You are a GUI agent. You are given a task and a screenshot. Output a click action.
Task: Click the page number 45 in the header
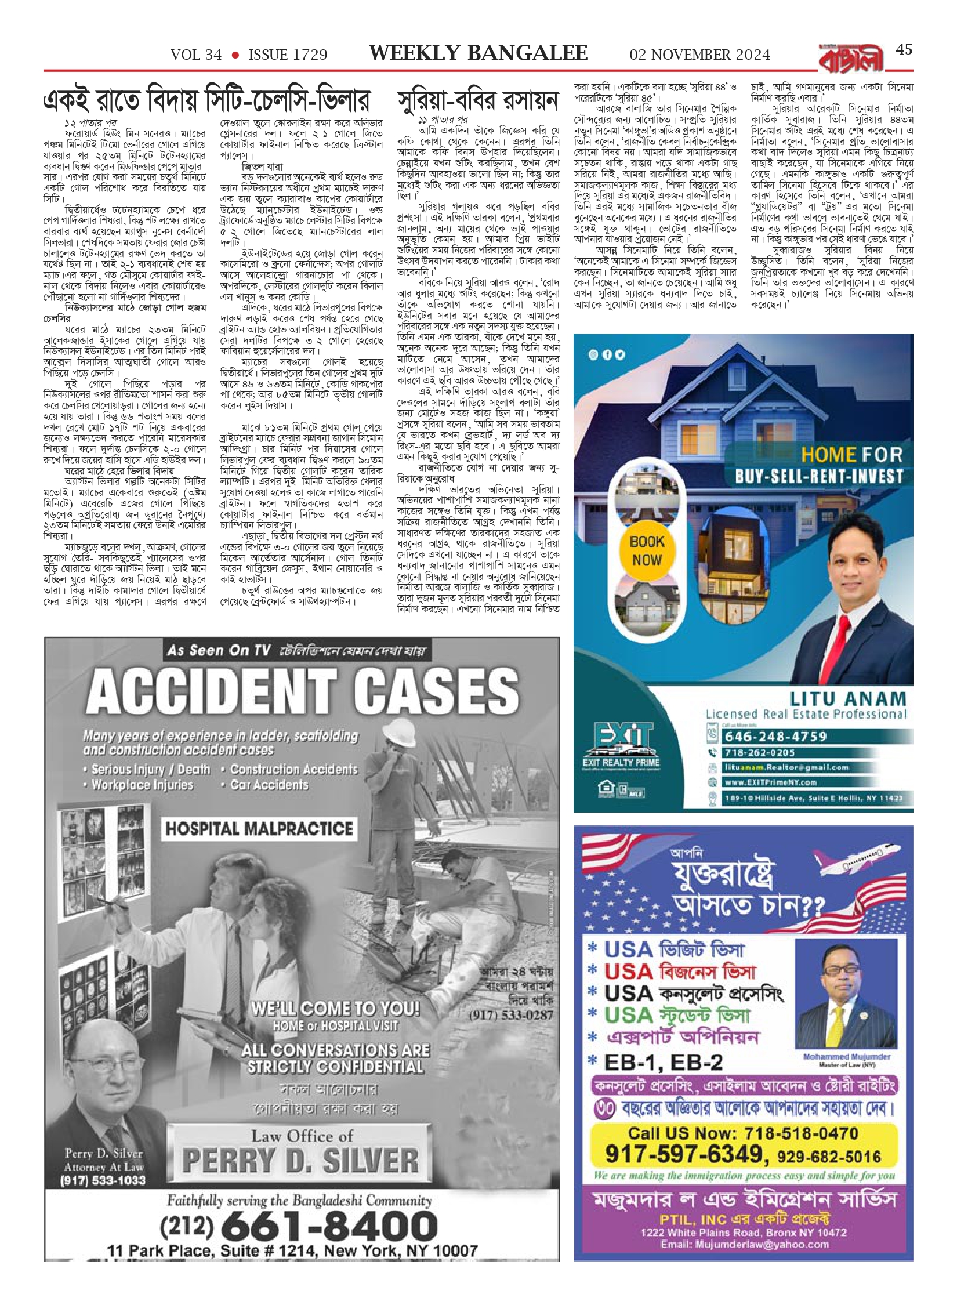pos(904,50)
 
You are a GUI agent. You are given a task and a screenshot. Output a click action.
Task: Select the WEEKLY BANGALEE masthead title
pos(478,53)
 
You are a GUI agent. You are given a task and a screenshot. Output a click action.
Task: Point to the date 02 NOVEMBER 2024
pos(700,55)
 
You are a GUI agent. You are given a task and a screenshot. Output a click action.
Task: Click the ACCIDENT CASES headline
pos(302,693)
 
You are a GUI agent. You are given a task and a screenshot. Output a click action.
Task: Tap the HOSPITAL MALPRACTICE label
pos(259,828)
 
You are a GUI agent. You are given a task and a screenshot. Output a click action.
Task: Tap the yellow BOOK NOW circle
pos(647,550)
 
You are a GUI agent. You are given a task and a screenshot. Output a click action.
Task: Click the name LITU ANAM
pos(847,699)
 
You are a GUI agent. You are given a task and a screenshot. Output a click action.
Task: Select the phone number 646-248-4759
pos(775,737)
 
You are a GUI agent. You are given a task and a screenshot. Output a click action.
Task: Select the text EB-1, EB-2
pos(664,1062)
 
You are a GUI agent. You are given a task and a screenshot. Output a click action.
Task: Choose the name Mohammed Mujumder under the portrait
pos(847,1056)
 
